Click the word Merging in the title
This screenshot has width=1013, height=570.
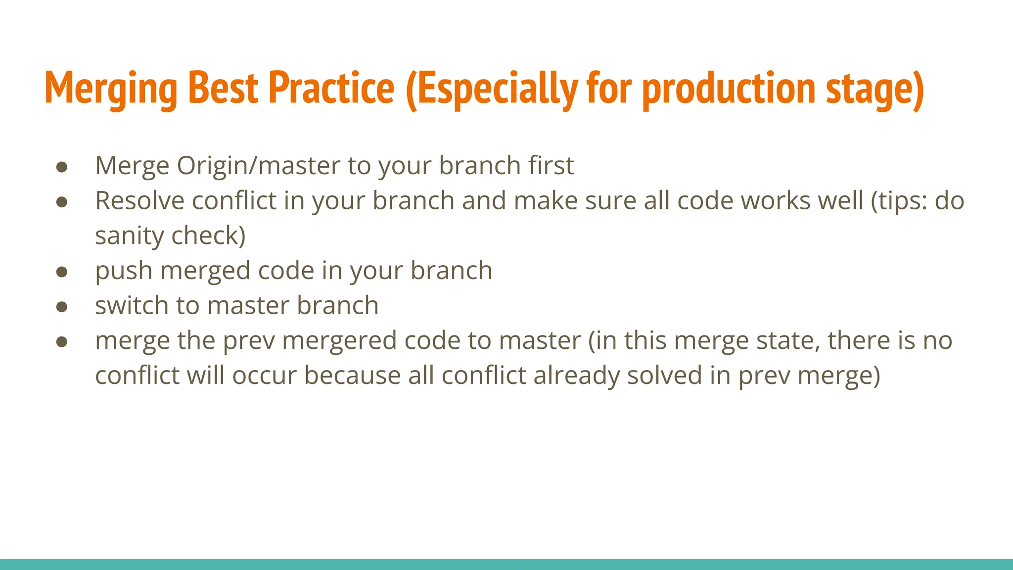point(111,89)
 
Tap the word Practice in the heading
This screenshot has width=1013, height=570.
point(331,89)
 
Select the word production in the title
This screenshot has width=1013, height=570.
point(729,89)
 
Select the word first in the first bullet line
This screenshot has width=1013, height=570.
point(551,165)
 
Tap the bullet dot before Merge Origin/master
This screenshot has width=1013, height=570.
point(62,167)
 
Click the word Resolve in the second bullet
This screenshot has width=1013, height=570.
point(139,201)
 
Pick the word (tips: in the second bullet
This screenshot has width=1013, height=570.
point(899,201)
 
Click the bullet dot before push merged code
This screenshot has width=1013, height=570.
point(62,272)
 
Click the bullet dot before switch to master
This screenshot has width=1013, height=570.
point(62,307)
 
